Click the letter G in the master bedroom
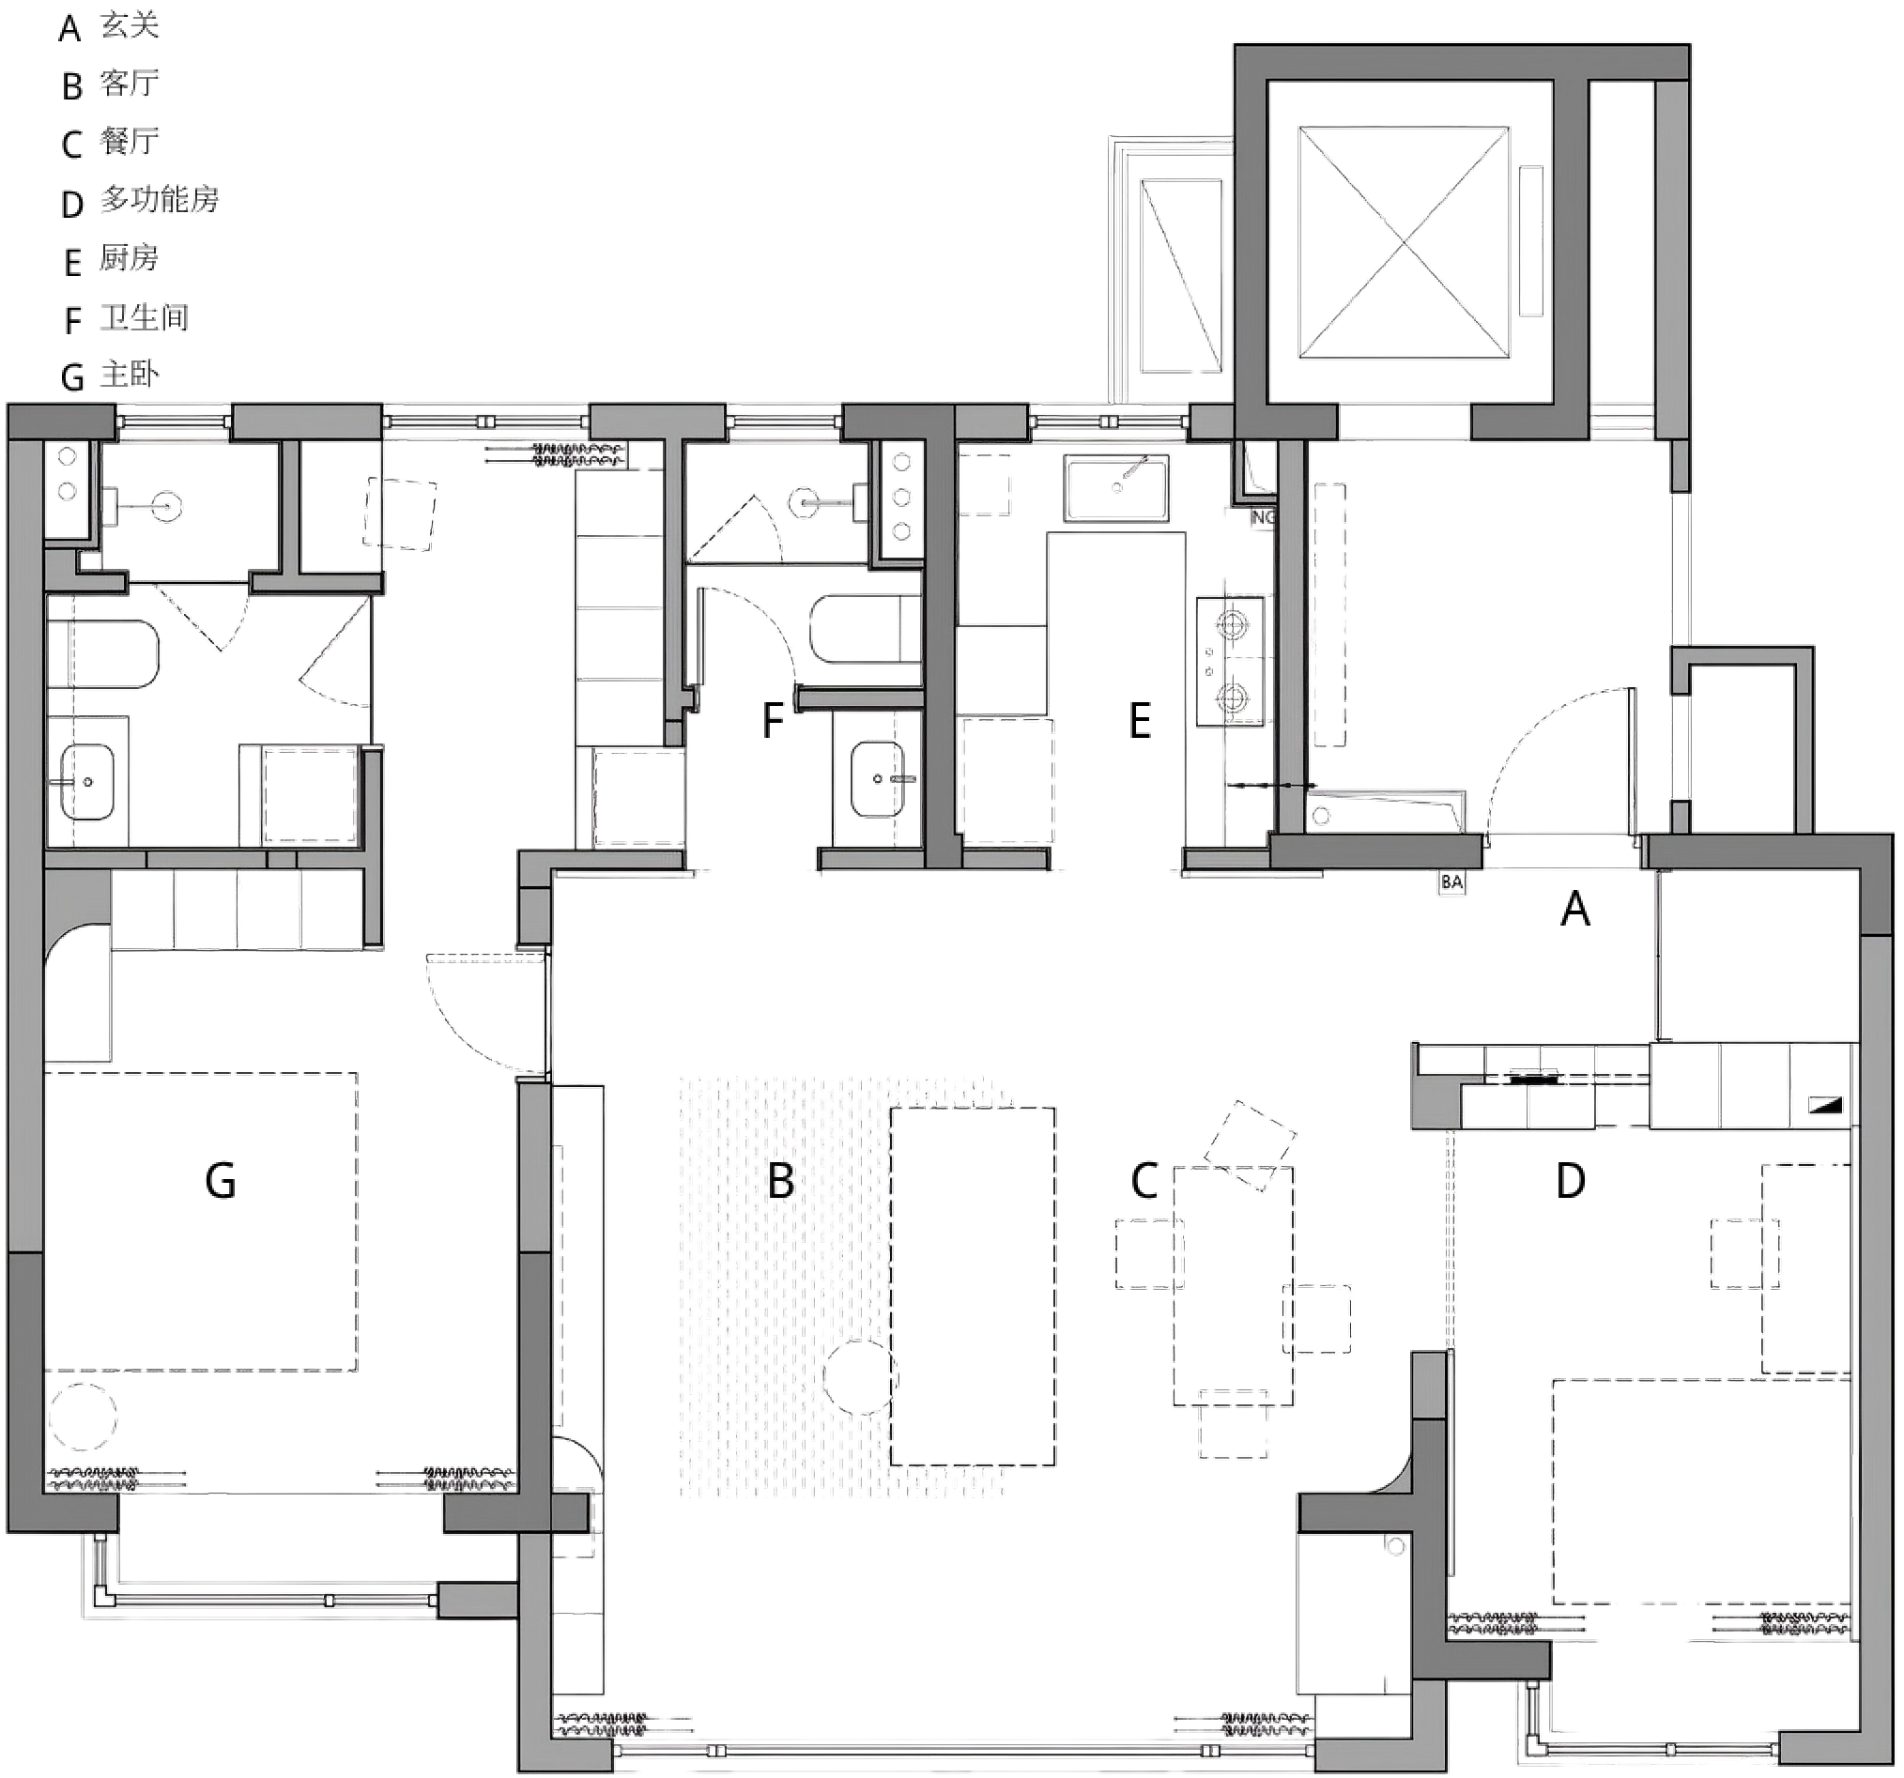tap(221, 1181)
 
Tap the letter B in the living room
tap(780, 1181)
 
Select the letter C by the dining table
tap(1144, 1181)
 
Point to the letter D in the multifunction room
tap(1571, 1181)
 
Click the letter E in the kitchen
tap(1140, 721)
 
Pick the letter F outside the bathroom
tap(772, 721)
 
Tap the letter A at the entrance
tap(1575, 909)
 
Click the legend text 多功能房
tap(160, 199)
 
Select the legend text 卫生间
tap(145, 317)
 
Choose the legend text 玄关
tap(130, 26)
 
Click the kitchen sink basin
tap(1115, 488)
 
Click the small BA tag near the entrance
tap(1452, 881)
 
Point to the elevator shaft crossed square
tap(1404, 242)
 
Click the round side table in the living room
tap(860, 1378)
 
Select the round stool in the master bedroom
tap(83, 1416)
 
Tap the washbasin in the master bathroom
tap(87, 781)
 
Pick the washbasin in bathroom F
tap(877, 779)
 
